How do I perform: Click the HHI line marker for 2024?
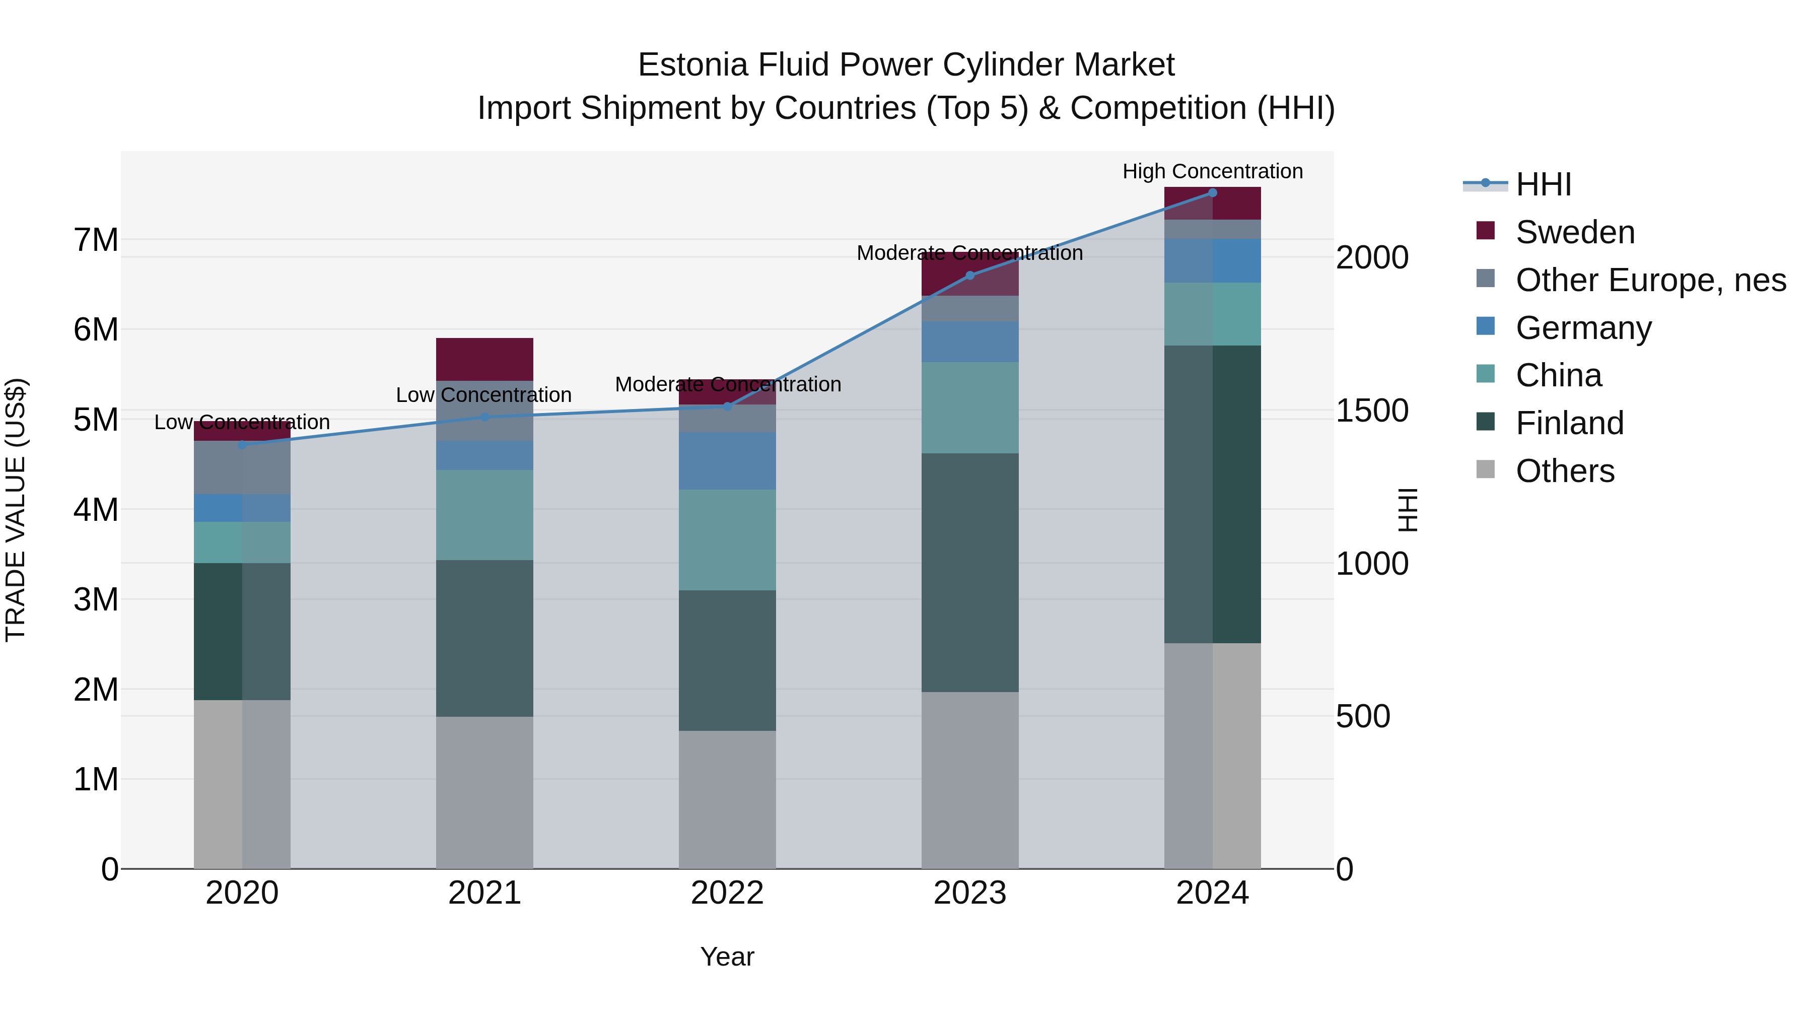(1212, 193)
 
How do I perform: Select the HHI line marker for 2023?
(970, 275)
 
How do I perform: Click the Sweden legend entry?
(1574, 232)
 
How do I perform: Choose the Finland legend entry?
(1569, 423)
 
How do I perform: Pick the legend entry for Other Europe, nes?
(1650, 280)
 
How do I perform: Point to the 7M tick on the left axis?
(96, 240)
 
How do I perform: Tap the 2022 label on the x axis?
(727, 893)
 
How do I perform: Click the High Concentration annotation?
(1212, 171)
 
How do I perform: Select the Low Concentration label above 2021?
(483, 395)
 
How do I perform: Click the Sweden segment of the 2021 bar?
(484, 359)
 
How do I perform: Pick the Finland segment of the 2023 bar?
(970, 572)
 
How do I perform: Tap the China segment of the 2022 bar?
(727, 540)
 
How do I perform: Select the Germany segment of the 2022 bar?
(727, 461)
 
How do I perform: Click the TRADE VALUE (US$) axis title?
(16, 510)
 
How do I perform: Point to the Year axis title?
(727, 957)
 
